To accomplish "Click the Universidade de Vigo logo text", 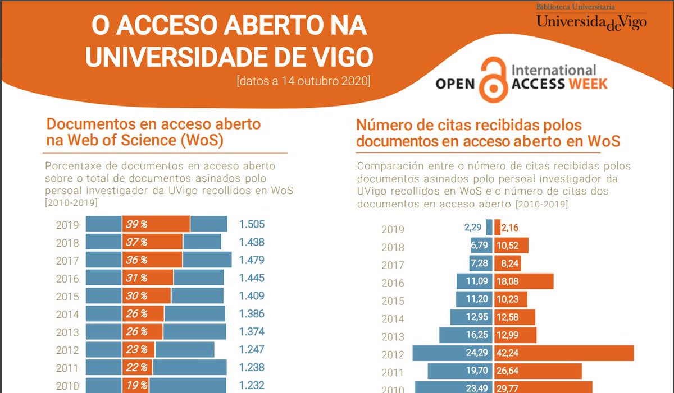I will point(591,22).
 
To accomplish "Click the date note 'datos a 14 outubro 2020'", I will point(304,81).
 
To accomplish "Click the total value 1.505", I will point(252,225).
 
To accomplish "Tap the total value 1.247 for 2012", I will point(252,349).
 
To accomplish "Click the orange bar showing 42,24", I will point(564,353).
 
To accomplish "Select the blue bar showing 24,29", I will point(452,353).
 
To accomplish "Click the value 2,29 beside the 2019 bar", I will point(473,228).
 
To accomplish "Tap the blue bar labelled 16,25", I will point(466,335).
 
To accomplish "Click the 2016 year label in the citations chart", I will point(393,283).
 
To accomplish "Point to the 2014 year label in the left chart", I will point(67,314).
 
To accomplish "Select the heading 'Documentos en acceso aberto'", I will point(153,124).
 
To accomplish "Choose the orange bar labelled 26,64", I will point(538,371).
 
